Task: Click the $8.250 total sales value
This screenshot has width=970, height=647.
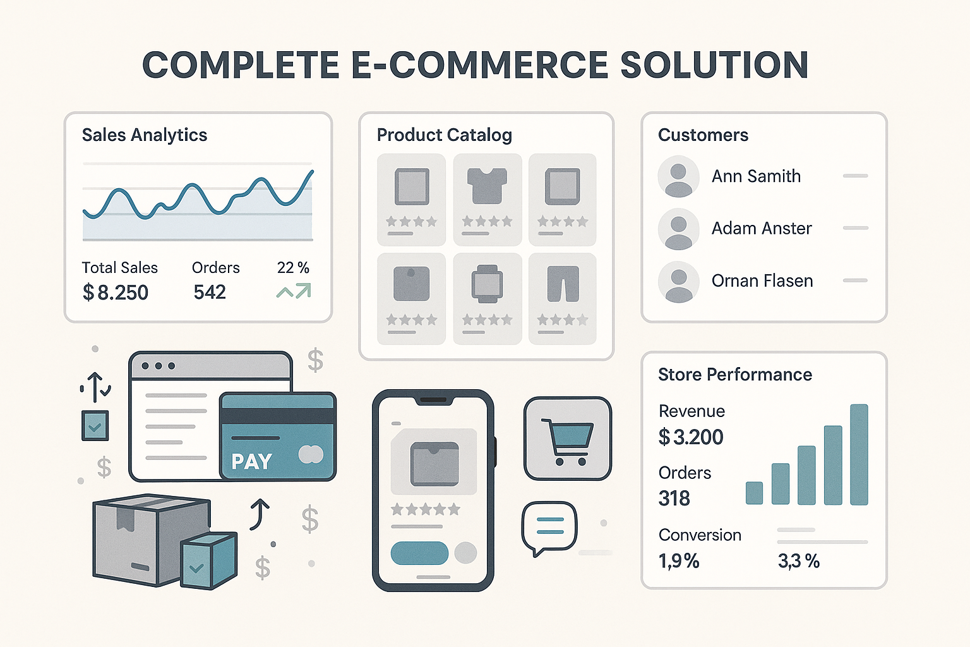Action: click(x=115, y=292)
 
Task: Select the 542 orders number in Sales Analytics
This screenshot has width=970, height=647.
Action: click(x=210, y=292)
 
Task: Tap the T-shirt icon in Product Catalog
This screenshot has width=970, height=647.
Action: click(x=487, y=186)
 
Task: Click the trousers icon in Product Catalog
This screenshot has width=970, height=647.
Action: click(x=563, y=284)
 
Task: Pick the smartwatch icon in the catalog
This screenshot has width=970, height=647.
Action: click(x=487, y=284)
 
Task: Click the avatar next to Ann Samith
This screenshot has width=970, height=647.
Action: click(x=679, y=176)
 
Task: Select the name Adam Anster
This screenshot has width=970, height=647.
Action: click(x=762, y=228)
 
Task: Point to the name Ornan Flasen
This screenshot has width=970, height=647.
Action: click(x=762, y=281)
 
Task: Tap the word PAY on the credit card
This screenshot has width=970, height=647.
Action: click(x=251, y=461)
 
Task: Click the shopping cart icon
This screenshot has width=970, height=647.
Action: click(x=567, y=441)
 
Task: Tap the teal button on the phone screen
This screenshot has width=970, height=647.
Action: click(x=419, y=553)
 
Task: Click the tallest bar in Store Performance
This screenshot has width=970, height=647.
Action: click(x=859, y=454)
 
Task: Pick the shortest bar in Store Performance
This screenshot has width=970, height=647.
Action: click(x=755, y=493)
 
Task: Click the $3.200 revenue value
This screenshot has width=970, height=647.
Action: click(x=691, y=437)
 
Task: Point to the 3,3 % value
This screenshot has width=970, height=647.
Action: click(x=798, y=561)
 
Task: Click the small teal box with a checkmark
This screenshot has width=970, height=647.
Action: click(x=208, y=561)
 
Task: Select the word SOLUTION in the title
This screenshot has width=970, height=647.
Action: click(x=714, y=64)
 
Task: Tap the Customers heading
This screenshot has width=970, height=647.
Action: click(x=703, y=135)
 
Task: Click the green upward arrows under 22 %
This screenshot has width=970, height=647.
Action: click(x=294, y=291)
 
